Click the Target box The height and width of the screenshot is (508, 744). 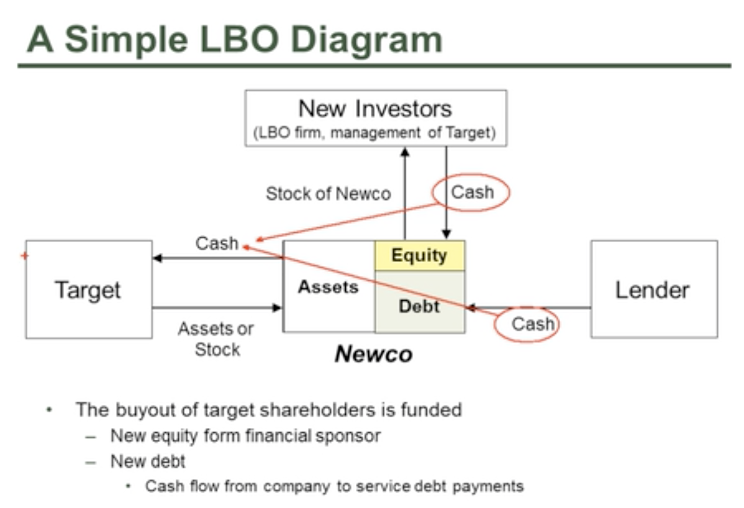(x=88, y=289)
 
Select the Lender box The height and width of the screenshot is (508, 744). (x=653, y=289)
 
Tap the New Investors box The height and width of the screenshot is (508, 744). (x=376, y=118)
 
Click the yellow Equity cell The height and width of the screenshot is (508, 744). (x=419, y=255)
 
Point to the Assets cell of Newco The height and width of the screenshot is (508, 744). (x=329, y=287)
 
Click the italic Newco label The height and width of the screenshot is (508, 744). (x=373, y=354)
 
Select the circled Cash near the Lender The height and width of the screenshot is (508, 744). (x=533, y=324)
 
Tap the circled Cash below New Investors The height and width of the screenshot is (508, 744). (x=472, y=193)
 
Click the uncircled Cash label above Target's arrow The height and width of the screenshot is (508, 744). (x=217, y=243)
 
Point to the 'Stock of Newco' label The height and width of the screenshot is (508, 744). (x=329, y=194)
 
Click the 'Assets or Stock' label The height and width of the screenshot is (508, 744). (x=216, y=338)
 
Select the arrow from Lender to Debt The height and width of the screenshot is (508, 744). (x=528, y=307)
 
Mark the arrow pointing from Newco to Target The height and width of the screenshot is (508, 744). (x=217, y=258)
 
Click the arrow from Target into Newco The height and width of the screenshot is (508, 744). (x=217, y=307)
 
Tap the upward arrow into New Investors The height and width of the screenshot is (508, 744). (x=404, y=193)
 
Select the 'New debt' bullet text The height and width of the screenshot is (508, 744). (x=148, y=461)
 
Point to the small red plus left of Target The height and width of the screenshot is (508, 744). (x=25, y=256)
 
